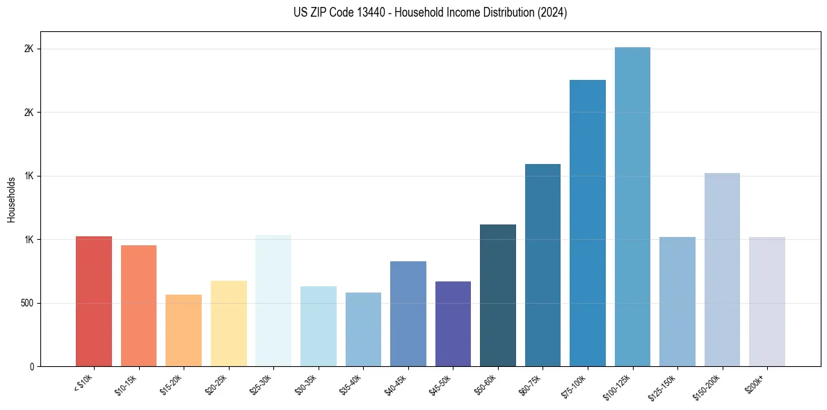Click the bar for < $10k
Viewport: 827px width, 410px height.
click(94, 302)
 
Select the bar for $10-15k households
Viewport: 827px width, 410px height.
click(138, 306)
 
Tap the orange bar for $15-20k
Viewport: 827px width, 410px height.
click(184, 331)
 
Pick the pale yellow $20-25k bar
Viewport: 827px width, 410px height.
click(228, 324)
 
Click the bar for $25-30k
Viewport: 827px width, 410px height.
click(273, 301)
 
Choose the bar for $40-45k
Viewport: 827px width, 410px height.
click(408, 314)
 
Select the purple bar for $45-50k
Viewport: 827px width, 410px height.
click(453, 324)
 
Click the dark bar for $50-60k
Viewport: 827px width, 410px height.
click(498, 295)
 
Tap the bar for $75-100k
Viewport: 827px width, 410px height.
click(588, 223)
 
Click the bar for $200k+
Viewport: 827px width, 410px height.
click(767, 302)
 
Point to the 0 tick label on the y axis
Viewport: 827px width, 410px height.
click(32, 367)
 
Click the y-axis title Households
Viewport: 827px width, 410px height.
click(11, 199)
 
